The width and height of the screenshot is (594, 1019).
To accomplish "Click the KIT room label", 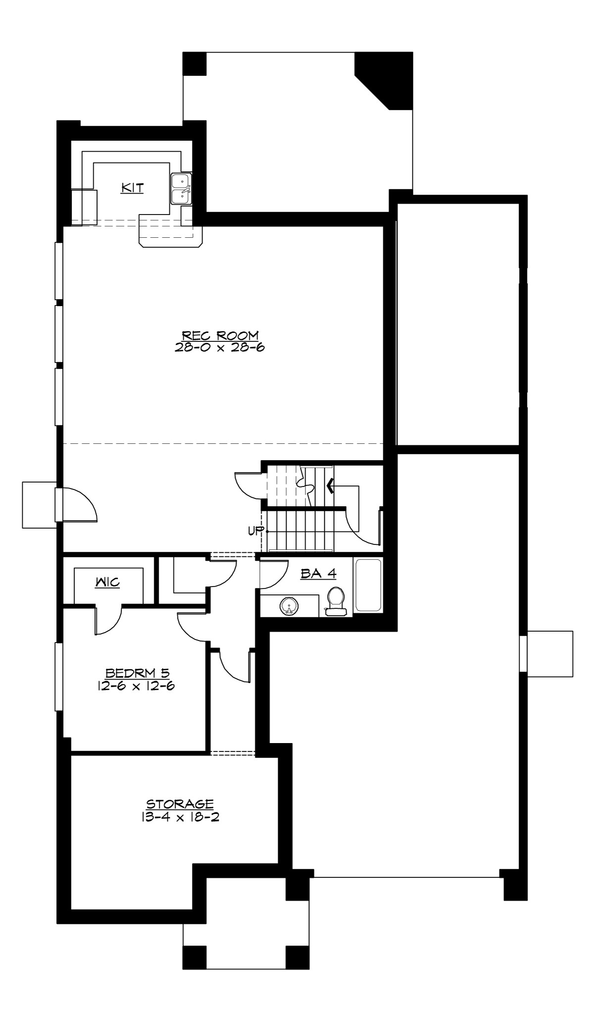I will (x=132, y=188).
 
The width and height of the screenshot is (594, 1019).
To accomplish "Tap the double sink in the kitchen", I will (x=182, y=189).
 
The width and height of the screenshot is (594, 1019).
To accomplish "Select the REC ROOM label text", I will (x=220, y=336).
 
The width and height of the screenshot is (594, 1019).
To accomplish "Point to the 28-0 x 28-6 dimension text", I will (x=220, y=347).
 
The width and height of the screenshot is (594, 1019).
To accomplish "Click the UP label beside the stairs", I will (x=255, y=531).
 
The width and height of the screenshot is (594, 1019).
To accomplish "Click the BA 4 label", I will (x=318, y=574).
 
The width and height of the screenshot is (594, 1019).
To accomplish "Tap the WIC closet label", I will (x=107, y=582).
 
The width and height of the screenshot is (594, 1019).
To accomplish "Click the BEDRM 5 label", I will (x=137, y=673).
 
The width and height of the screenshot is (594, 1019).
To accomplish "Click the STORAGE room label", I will (x=180, y=804).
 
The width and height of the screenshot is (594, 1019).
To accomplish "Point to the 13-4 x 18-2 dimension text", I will (x=180, y=816).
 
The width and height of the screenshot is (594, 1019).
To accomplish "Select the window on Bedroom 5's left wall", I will (x=59, y=684).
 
